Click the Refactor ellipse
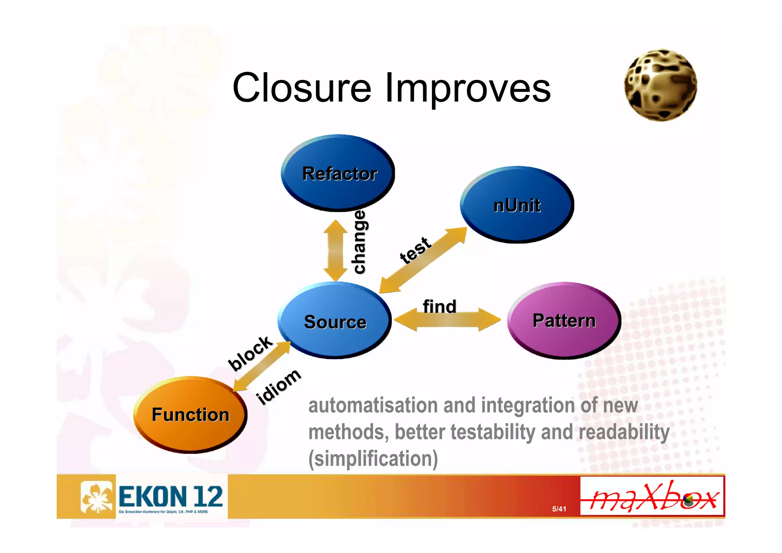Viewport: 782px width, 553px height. click(338, 173)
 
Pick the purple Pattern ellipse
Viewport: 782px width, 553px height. click(564, 320)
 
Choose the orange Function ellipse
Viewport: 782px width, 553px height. click(190, 414)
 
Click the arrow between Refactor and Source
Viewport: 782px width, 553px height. click(335, 250)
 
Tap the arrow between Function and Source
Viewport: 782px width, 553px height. click(262, 366)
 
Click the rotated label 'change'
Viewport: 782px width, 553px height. click(359, 242)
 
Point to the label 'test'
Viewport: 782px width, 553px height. click(415, 250)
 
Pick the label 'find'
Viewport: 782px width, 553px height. click(439, 307)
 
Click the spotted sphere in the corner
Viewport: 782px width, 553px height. click(660, 85)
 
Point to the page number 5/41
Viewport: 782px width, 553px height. click(559, 509)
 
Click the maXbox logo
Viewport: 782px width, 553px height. click(652, 496)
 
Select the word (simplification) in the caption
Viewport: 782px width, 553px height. click(373, 458)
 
